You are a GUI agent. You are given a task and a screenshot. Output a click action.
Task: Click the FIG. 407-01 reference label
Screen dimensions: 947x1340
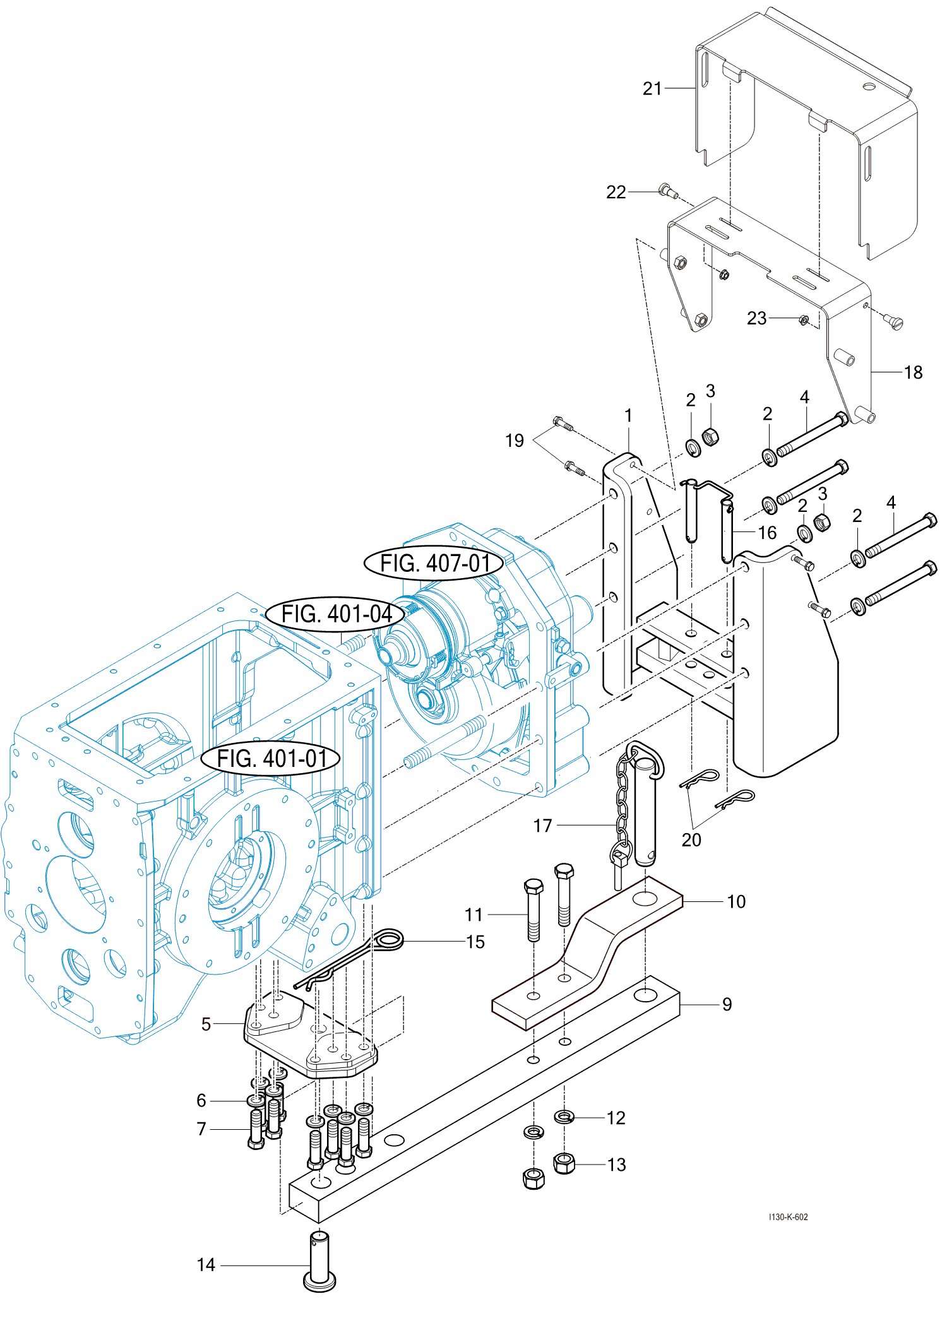[434, 563]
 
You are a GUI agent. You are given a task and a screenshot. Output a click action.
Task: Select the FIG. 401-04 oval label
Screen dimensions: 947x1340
[335, 614]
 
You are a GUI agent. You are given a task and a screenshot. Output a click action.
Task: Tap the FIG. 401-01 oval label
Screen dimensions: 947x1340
[271, 758]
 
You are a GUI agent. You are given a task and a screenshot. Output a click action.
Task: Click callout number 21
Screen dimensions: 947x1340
[652, 88]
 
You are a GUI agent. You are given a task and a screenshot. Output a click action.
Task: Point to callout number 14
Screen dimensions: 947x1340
[206, 1265]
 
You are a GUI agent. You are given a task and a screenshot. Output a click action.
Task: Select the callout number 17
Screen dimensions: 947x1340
[542, 826]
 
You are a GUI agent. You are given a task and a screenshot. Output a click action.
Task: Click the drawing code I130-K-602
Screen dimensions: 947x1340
[788, 1217]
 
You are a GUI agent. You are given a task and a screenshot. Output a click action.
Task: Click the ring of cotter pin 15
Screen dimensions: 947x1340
[388, 940]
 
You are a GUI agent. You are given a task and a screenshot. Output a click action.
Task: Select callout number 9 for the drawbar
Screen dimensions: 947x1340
[727, 1004]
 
